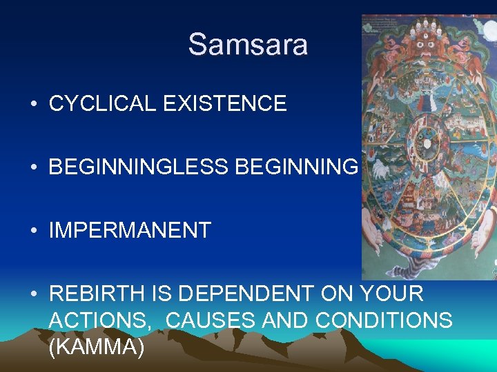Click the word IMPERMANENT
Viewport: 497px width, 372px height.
(x=130, y=231)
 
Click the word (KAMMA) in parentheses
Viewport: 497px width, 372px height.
(x=97, y=347)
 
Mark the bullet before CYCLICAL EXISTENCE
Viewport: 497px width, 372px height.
(x=33, y=105)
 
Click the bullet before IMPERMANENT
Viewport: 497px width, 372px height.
(x=33, y=231)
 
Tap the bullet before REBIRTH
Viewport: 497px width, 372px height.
(x=33, y=294)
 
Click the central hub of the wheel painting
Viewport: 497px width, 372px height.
(x=427, y=143)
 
